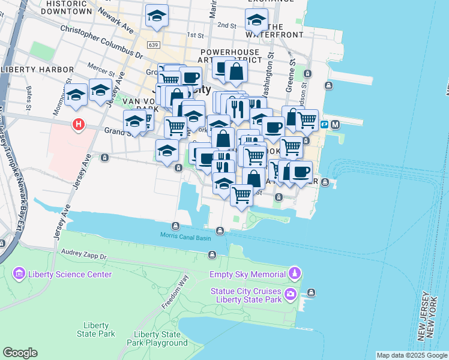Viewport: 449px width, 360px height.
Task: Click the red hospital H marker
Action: point(77,125)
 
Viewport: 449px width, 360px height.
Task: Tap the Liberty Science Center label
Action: point(69,274)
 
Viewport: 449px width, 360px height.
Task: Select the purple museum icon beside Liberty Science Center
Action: point(19,274)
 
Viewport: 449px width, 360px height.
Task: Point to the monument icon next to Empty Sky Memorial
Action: point(294,274)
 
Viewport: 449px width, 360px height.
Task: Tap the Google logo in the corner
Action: point(20,353)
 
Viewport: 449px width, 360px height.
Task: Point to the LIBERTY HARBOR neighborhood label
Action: point(33,70)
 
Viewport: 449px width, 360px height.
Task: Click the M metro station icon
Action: point(335,124)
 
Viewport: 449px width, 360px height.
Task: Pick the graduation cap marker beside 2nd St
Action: point(256,20)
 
